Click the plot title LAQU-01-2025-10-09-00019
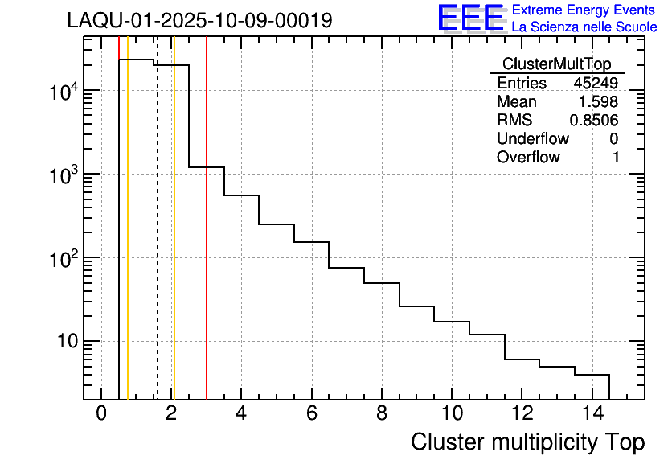[199, 21]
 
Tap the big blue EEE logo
[470, 18]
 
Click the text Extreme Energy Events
[584, 10]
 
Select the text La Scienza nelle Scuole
[584, 27]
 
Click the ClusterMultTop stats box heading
[556, 64]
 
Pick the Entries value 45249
[596, 84]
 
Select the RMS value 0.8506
[594, 121]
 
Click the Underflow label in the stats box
[532, 139]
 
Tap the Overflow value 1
[616, 158]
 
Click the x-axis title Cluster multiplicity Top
[527, 442]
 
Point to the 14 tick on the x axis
[591, 413]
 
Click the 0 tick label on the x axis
[101, 413]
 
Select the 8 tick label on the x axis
[381, 413]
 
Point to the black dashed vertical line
[157, 241]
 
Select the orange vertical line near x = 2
[174, 241]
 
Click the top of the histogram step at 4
[241, 195]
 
